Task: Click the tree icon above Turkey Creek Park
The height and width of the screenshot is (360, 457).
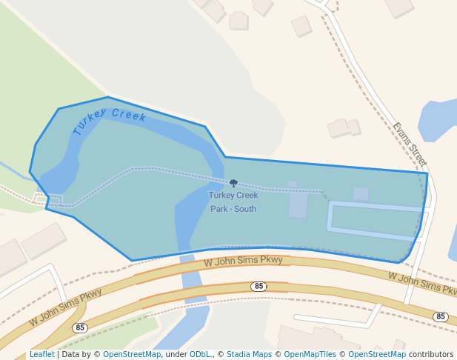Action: [x=234, y=182]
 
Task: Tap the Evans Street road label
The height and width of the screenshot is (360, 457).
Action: [x=410, y=144]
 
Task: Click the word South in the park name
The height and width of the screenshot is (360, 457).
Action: [x=244, y=209]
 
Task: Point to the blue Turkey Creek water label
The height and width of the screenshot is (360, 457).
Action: [x=110, y=121]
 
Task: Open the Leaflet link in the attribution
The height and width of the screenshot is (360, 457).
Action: [x=42, y=354]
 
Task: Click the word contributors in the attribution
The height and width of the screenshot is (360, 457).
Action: [x=431, y=354]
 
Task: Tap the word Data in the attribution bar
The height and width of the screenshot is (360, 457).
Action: [x=71, y=354]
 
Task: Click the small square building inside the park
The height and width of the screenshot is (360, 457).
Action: [x=361, y=193]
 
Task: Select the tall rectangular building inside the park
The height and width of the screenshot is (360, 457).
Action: [x=298, y=205]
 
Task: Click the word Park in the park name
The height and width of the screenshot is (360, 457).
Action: [x=220, y=209]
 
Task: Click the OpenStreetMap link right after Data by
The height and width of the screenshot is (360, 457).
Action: [x=132, y=354]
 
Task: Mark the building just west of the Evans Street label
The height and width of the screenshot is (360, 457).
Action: [x=343, y=128]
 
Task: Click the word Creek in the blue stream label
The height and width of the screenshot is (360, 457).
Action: [x=129, y=116]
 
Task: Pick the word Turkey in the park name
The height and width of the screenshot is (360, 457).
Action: [x=221, y=196]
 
